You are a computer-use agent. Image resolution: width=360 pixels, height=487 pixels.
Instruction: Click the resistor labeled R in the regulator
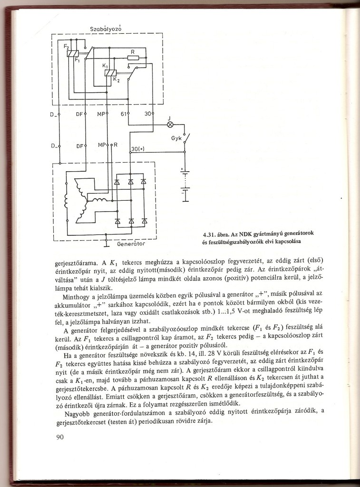tap(133, 58)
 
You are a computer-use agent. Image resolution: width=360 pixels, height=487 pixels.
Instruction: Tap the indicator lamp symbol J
tap(170, 125)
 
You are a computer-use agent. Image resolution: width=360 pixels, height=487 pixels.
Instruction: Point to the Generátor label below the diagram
tap(131, 244)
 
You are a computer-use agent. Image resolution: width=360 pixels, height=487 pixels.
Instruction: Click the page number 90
tap(59, 438)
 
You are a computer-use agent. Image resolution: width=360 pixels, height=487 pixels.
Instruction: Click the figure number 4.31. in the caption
tap(211, 234)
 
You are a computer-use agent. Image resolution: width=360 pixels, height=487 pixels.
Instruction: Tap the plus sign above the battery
tap(181, 169)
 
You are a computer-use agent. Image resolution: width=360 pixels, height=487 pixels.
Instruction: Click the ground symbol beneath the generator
tap(107, 244)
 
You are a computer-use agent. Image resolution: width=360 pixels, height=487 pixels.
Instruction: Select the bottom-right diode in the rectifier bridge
tap(145, 221)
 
